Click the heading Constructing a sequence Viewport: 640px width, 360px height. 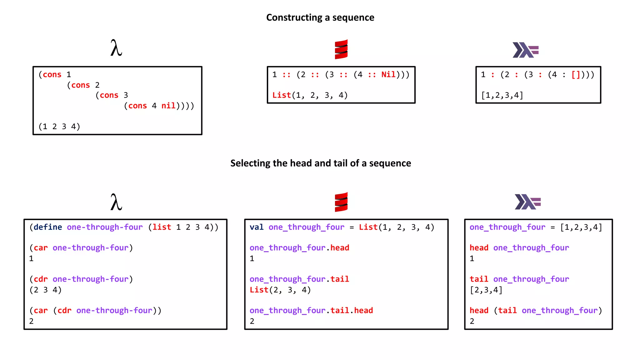point(320,17)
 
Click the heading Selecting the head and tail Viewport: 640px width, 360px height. point(320,163)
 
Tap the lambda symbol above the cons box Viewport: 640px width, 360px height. point(116,48)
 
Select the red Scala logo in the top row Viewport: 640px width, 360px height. point(341,49)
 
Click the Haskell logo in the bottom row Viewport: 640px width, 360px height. point(527,202)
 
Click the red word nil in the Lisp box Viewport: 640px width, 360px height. point(168,106)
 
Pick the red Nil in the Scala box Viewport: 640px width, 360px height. point(388,75)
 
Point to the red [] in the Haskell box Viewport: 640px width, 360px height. point(576,75)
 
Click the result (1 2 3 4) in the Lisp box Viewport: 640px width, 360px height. point(59,127)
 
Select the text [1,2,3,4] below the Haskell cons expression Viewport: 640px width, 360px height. point(502,95)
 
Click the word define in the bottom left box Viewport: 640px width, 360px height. point(47,227)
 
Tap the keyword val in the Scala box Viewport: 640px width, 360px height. point(256,227)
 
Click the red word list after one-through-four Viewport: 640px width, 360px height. point(162,227)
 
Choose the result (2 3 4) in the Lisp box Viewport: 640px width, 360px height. point(45,290)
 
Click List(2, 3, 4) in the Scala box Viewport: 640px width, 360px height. point(280,290)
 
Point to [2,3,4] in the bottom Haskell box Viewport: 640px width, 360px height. point(486,290)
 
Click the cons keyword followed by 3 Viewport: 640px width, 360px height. point(109,95)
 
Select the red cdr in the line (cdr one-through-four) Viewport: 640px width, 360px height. point(41,279)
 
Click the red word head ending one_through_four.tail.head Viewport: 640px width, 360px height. point(363,311)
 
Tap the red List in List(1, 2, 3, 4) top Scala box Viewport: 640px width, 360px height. point(281,95)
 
